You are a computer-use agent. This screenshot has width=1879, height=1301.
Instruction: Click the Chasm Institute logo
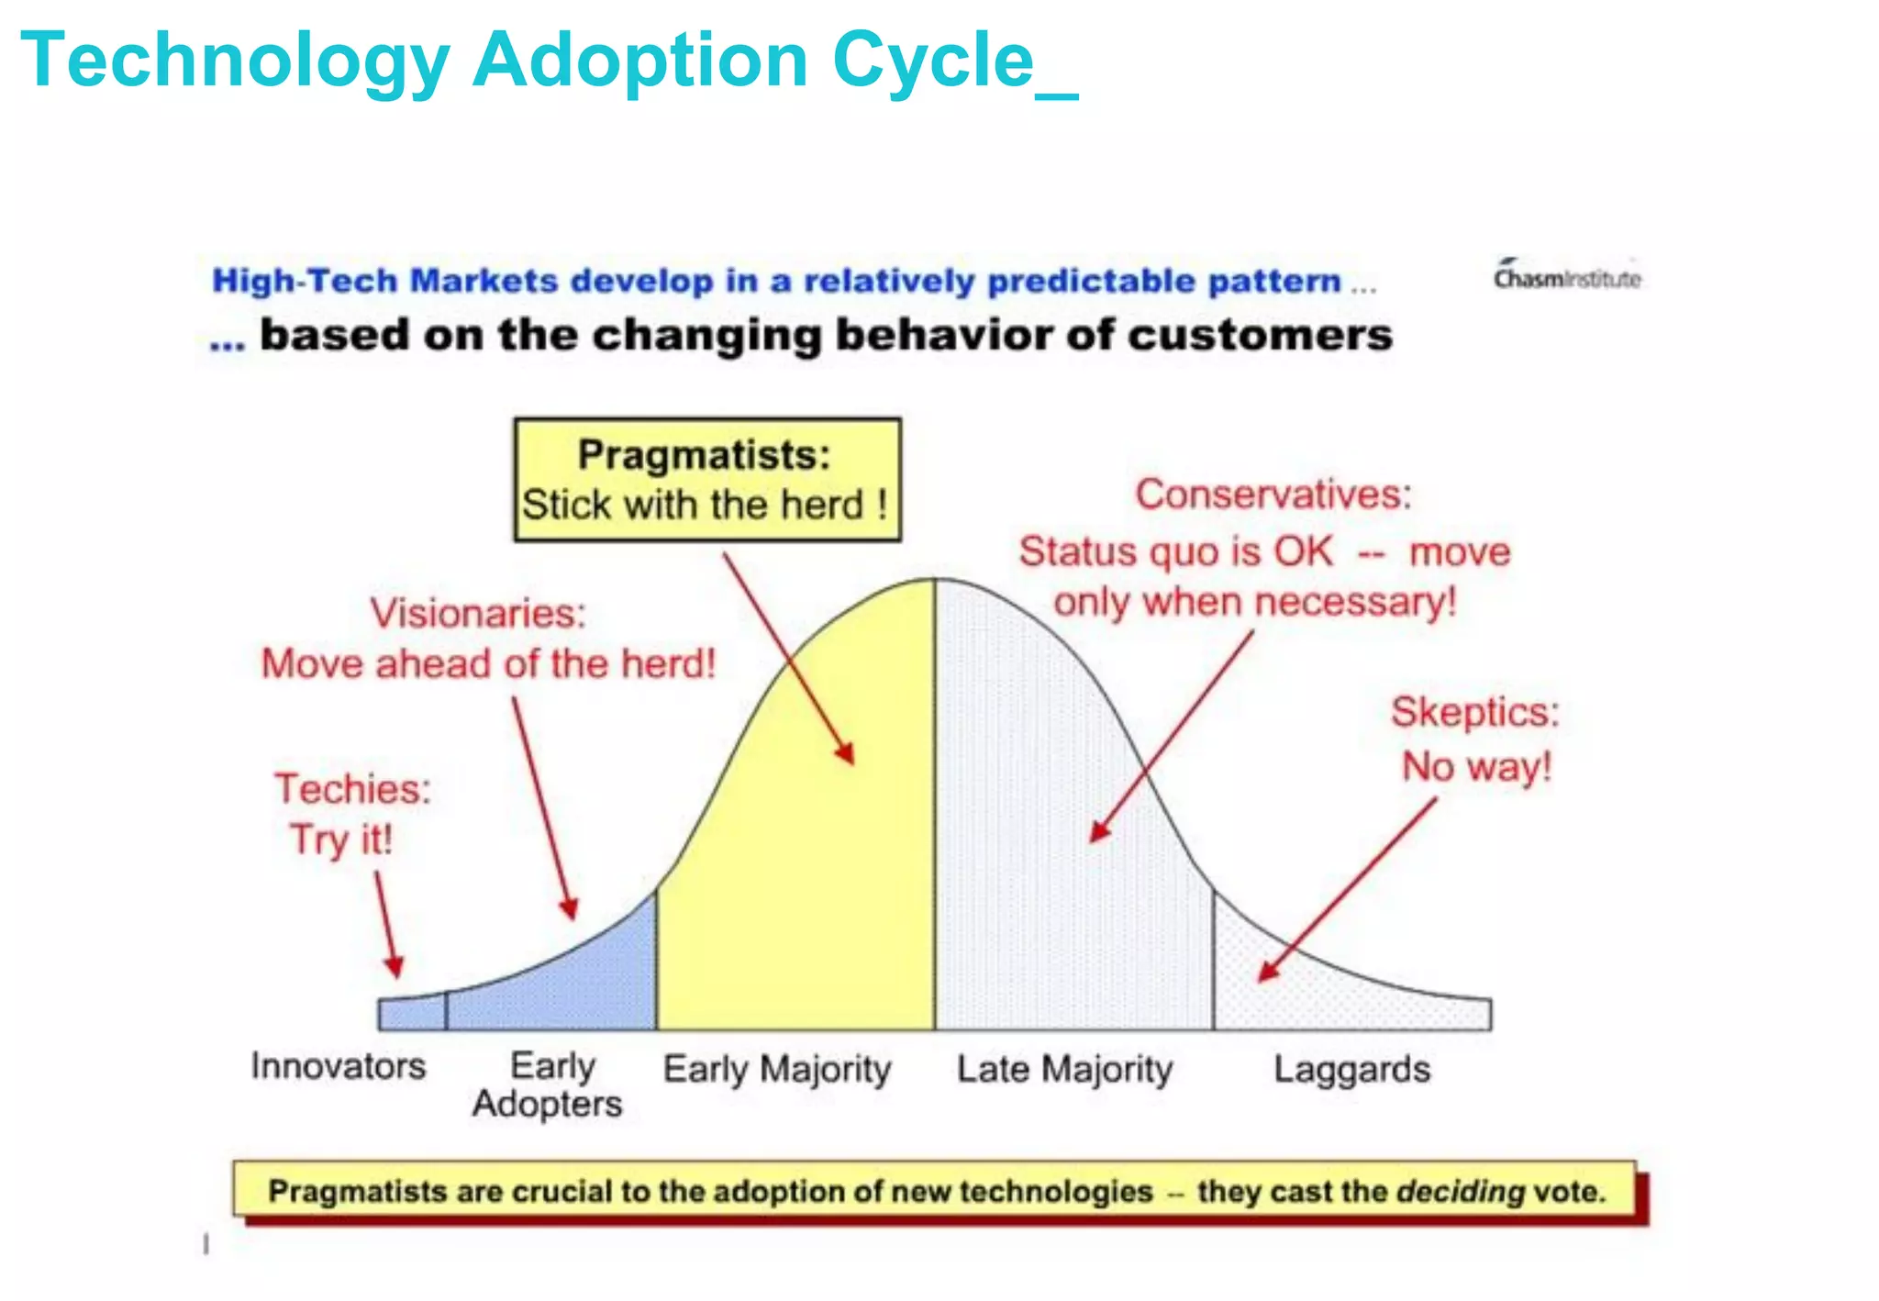point(1566,277)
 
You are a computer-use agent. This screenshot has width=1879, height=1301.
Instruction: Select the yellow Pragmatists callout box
point(706,480)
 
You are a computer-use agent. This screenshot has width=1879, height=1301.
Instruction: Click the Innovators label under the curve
point(339,1066)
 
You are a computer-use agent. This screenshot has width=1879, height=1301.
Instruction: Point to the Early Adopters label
point(549,1084)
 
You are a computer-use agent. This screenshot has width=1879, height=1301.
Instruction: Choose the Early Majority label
point(777,1070)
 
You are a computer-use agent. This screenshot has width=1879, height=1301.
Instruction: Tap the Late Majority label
point(1064,1070)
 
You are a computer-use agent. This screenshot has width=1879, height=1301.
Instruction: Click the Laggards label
point(1351,1070)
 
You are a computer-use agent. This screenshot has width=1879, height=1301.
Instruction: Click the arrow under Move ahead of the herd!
point(544,807)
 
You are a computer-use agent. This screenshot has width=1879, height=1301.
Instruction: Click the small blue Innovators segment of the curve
point(413,1015)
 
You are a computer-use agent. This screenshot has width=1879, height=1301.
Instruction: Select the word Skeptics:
point(1474,713)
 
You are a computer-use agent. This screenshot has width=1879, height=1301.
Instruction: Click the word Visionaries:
point(478,613)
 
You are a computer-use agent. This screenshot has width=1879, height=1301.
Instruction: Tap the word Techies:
point(353,789)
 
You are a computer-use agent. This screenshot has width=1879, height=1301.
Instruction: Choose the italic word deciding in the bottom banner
point(1460,1192)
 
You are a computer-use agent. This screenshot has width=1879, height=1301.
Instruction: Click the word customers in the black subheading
point(1260,335)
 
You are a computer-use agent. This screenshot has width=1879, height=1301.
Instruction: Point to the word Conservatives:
point(1273,495)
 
